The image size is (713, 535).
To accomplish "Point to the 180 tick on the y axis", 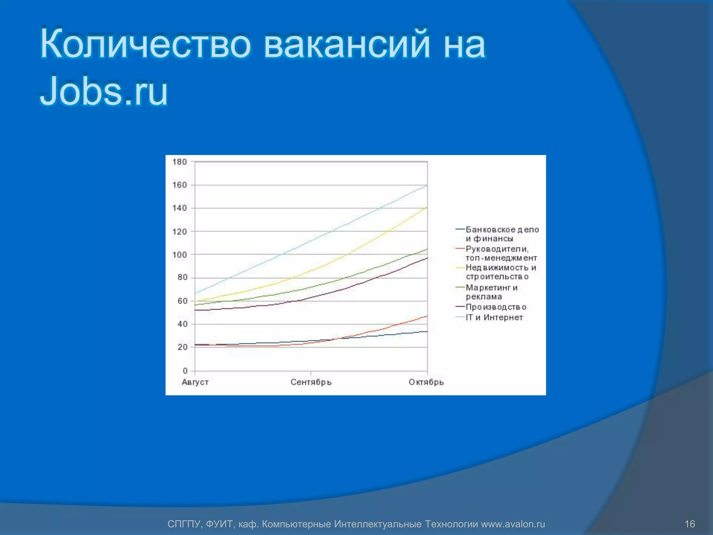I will [x=180, y=162].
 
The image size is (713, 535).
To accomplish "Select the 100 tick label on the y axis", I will [x=180, y=255].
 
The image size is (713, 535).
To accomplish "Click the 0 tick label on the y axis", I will [x=185, y=371].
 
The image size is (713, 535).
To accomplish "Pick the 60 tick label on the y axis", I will [x=182, y=301].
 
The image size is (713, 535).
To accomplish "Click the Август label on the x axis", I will [x=195, y=382].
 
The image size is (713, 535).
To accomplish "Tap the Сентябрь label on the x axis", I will [x=311, y=382].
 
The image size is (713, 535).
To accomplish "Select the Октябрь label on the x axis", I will [x=426, y=382].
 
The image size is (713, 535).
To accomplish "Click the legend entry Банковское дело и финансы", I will [x=502, y=234].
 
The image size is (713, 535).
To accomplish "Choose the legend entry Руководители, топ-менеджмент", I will [x=501, y=253].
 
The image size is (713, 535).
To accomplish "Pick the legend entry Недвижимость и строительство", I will [x=501, y=272].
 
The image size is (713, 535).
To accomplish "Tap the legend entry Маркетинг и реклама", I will [x=491, y=292].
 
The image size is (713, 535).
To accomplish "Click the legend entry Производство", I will [x=496, y=307].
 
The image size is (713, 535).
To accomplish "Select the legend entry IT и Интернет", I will [x=494, y=317].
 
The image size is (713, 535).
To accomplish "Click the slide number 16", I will [x=690, y=524].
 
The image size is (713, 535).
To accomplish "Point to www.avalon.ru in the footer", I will [x=513, y=524].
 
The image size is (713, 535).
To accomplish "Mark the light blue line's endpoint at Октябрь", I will [x=427, y=185].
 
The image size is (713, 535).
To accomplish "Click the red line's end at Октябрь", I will [x=427, y=316].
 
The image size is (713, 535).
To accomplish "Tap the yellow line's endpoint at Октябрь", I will [x=427, y=207].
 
